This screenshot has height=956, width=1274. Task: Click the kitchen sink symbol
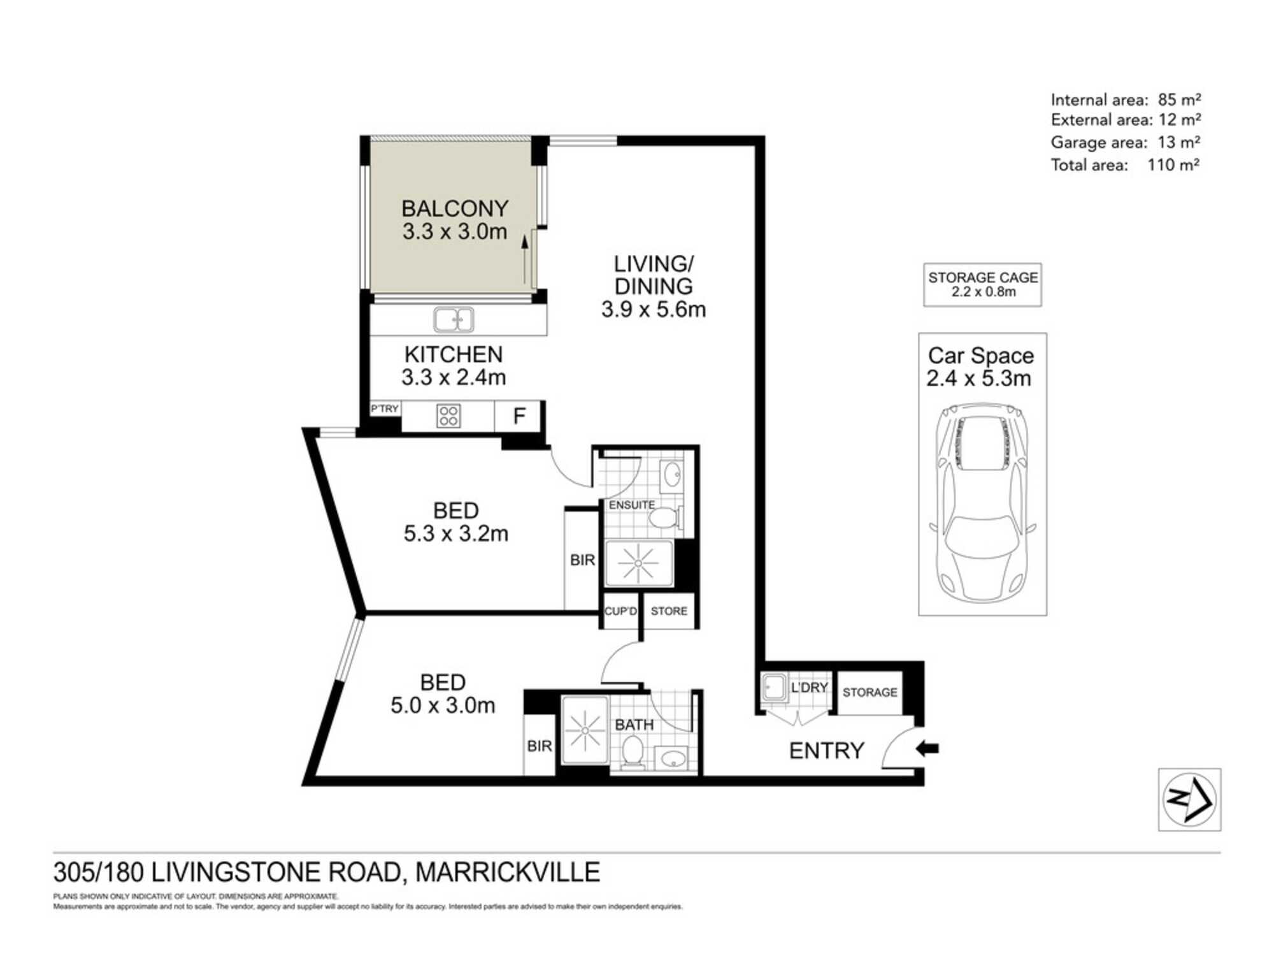[x=454, y=319]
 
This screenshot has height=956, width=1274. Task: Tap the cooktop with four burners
[x=448, y=416]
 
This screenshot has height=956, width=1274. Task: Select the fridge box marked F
[x=519, y=417]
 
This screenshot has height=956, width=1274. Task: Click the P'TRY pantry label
[x=385, y=409]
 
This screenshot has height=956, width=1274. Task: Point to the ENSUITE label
[x=631, y=505]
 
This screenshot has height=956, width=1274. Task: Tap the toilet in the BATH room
[x=633, y=752]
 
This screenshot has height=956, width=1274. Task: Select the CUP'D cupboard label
[x=620, y=611]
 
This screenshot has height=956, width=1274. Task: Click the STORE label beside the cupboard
[x=669, y=611]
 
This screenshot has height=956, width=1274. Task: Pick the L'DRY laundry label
[x=809, y=688]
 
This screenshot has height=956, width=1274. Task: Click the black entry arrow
[x=927, y=749]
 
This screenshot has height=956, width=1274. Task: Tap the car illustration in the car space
[x=982, y=503]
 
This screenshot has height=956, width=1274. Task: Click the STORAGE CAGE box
[x=982, y=285]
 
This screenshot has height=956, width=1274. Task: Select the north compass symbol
[x=1189, y=799]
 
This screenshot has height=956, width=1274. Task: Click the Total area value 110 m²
[x=1173, y=165]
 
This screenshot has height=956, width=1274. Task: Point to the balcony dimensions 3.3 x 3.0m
[x=455, y=231]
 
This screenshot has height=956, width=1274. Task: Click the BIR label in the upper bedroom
[x=582, y=560]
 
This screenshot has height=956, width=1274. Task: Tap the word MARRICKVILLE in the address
[x=508, y=872]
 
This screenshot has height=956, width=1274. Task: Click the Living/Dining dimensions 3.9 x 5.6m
[x=654, y=310]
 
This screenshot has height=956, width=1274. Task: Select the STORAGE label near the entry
[x=870, y=692]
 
